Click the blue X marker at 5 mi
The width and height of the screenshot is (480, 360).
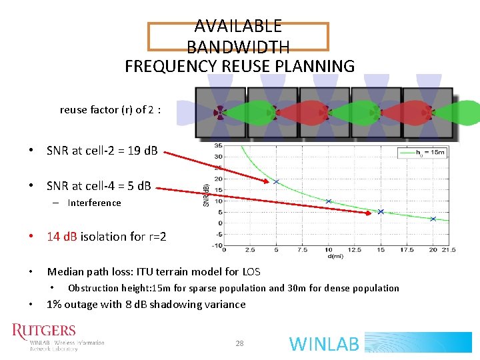pos(276,181)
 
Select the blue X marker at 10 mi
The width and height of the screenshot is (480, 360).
pos(328,201)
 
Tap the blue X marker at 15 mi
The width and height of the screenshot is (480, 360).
pos(381,212)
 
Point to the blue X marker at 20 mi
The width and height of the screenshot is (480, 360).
pos(433,219)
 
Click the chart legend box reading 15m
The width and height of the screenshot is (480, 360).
pos(421,153)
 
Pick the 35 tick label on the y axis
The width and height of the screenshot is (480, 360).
pos(218,146)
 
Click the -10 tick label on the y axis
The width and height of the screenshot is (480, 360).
pos(217,245)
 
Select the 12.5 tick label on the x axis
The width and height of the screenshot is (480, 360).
pos(355,251)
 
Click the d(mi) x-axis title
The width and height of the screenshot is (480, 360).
pos(336,257)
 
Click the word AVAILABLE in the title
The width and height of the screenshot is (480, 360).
pos(238,26)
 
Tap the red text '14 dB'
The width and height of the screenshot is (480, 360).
pos(62,237)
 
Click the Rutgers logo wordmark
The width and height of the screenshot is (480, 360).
pos(44,331)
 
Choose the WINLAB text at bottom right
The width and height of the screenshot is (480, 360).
pos(325,344)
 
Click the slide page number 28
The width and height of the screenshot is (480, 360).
pos(239,343)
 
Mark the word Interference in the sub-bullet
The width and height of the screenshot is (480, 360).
pos(94,203)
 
